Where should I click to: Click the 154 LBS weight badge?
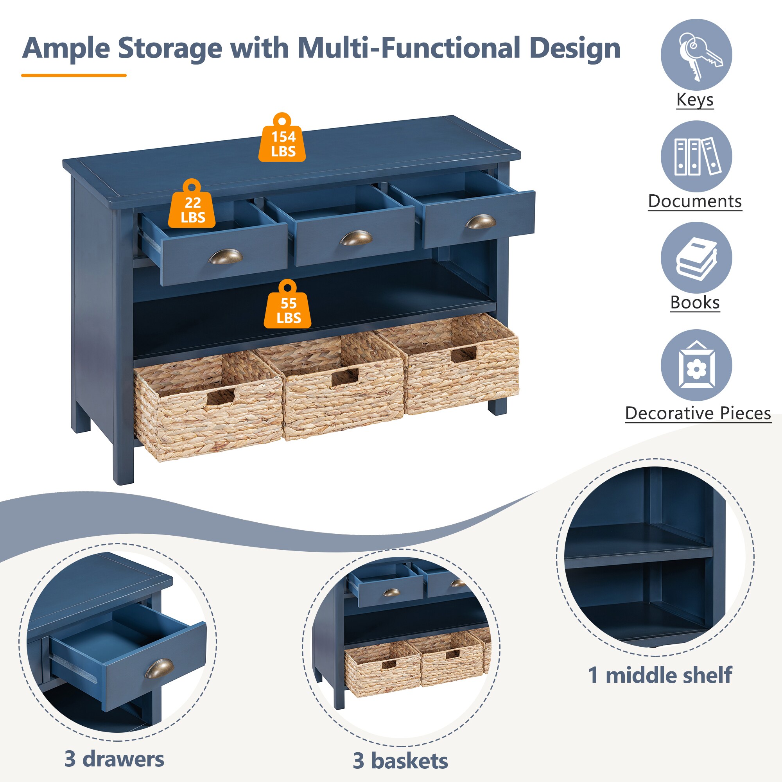[x=282, y=137]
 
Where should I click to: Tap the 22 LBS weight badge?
[x=192, y=203]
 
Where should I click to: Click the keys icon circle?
[x=696, y=55]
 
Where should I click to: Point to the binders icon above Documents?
[x=696, y=156]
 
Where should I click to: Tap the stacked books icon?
[x=696, y=258]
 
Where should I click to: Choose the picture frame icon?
[x=696, y=365]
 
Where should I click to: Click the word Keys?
[x=695, y=100]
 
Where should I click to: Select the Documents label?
[x=695, y=201]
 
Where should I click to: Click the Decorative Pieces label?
[x=698, y=413]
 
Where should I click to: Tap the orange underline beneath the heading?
[x=74, y=75]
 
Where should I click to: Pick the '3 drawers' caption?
[x=114, y=759]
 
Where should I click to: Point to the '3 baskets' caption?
[x=400, y=760]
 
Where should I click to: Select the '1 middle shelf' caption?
[x=660, y=675]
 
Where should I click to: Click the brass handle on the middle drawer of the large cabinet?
[x=356, y=238]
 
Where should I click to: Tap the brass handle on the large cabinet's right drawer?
[x=481, y=221]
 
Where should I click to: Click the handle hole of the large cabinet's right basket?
[x=463, y=355]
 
